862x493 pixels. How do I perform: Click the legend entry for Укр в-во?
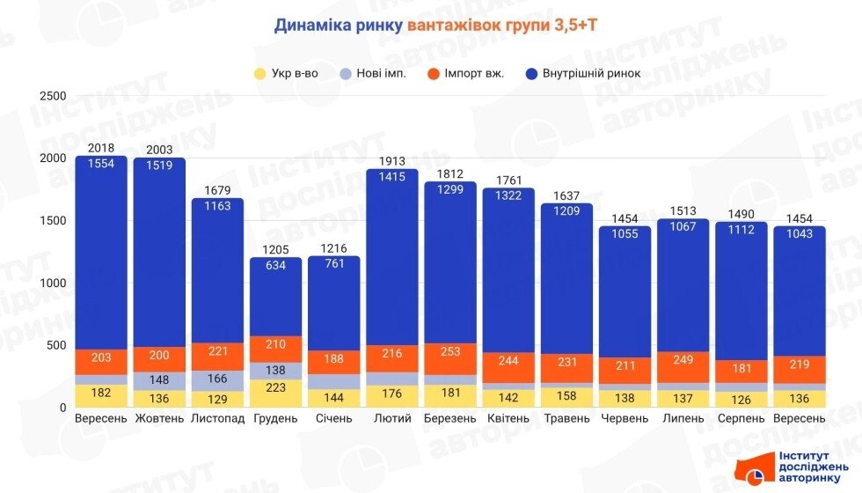pos(291,73)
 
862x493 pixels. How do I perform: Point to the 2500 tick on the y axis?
pos(55,96)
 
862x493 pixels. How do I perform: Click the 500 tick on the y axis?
pos(58,345)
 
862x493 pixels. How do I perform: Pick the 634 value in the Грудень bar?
pos(276,265)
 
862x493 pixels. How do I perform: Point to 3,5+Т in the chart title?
pos(577,26)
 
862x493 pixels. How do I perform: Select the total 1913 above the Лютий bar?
pos(392,162)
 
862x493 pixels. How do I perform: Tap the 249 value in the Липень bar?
pos(683,359)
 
